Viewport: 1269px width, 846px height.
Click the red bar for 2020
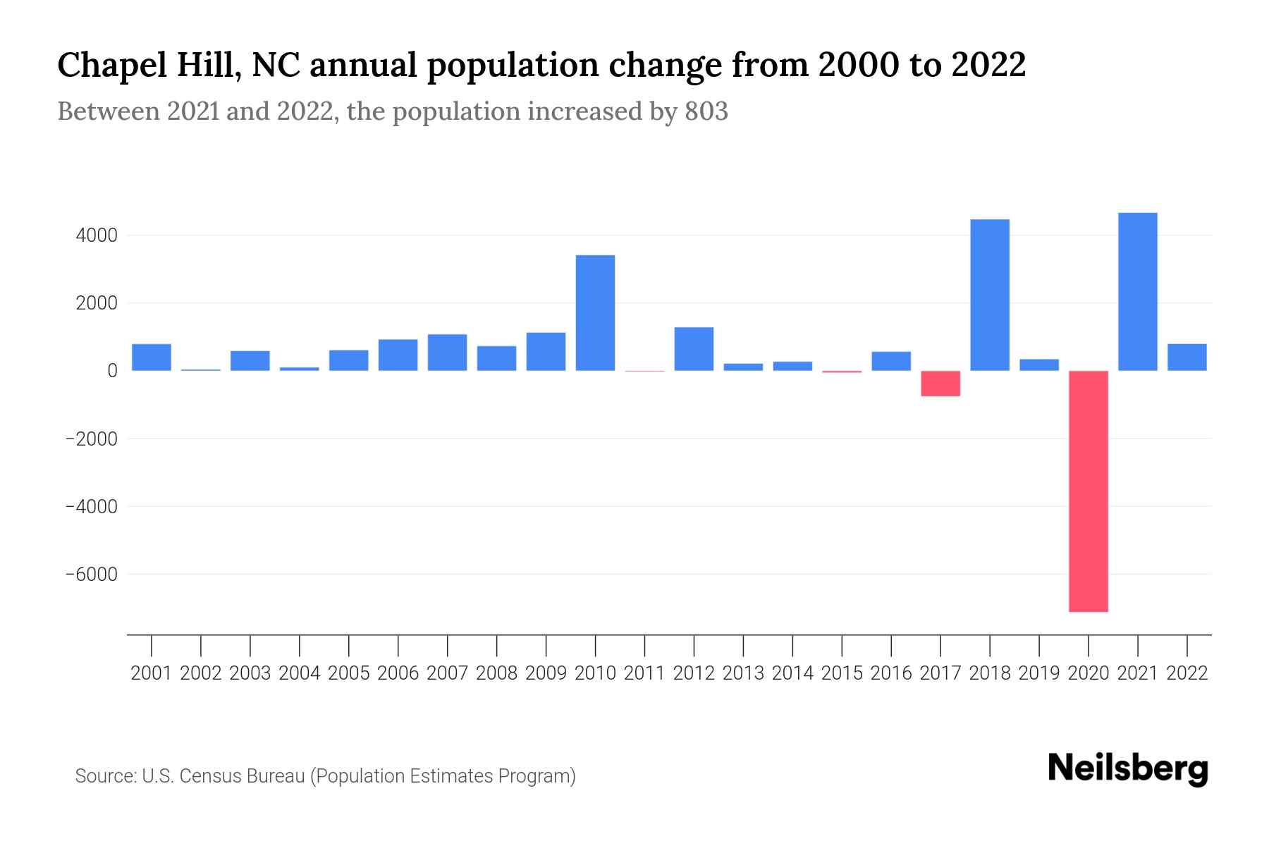click(1089, 491)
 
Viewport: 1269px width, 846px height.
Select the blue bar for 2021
click(1138, 292)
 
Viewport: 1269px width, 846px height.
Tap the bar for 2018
click(990, 295)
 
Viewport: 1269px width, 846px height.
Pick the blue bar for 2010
click(595, 313)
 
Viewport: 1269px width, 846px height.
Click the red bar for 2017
click(940, 384)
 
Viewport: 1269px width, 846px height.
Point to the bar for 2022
click(1187, 357)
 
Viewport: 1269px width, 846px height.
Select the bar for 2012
click(694, 349)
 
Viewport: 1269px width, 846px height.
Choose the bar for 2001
click(152, 357)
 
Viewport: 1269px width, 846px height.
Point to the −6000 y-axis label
click(91, 575)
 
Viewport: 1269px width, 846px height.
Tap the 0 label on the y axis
click(112, 371)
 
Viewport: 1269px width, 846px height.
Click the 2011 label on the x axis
click(644, 673)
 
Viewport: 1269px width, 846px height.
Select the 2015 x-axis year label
click(842, 673)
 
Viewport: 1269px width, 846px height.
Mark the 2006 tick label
click(398, 673)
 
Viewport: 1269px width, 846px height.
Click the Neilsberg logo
click(1128, 768)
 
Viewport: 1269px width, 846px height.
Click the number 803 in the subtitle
click(706, 111)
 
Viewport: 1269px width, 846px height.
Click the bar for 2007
click(447, 352)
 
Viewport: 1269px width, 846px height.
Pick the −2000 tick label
click(91, 439)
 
